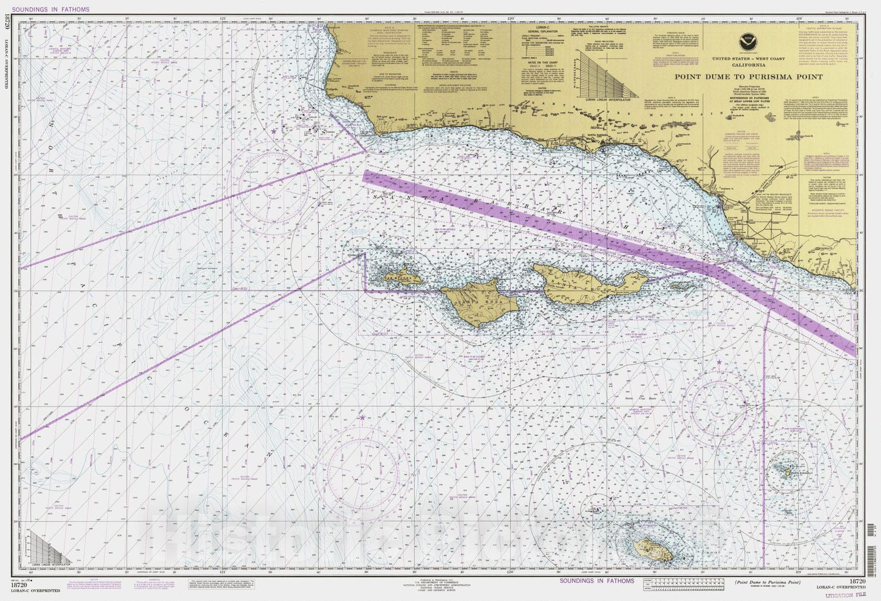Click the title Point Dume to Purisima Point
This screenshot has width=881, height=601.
(748, 77)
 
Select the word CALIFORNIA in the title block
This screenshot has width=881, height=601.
(748, 64)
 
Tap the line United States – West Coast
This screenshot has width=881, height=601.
(748, 58)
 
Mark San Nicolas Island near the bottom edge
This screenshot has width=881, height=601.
(652, 549)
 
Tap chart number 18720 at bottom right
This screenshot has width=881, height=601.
(857, 582)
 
